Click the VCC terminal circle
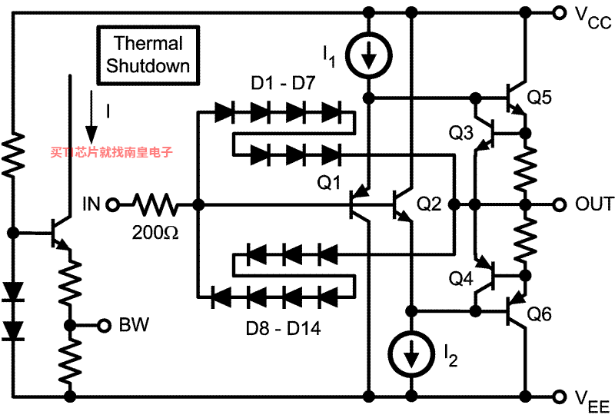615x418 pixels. (560, 13)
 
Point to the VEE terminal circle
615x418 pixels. (560, 396)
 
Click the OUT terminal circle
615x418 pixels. (560, 204)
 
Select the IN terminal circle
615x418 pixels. (113, 204)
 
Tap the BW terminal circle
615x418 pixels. (104, 326)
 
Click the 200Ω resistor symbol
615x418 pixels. (156, 204)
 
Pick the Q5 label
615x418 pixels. (539, 98)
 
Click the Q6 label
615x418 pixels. (539, 314)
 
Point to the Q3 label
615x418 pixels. (460, 133)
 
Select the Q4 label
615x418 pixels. (460, 278)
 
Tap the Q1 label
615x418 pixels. (329, 182)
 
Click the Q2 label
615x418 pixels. (429, 204)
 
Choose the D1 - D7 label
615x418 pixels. (283, 83)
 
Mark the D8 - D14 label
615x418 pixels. (283, 329)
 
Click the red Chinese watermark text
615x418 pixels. (111, 152)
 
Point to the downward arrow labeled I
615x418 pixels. (91, 117)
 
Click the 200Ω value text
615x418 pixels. (155, 233)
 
